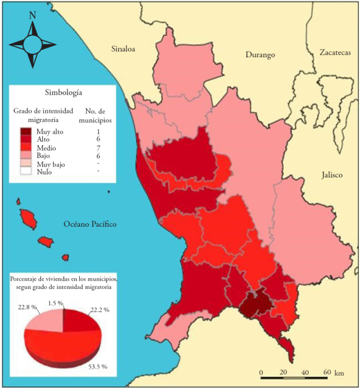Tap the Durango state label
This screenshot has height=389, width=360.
(x=260, y=55)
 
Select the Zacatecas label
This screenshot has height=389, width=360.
(x=335, y=53)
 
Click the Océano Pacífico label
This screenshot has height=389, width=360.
(x=90, y=225)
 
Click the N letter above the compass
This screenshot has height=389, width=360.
(x=32, y=16)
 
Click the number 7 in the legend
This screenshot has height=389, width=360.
(x=98, y=148)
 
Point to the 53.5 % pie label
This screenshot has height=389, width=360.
(x=96, y=366)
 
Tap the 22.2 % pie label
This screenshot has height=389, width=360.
(x=98, y=310)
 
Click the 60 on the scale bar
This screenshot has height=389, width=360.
(x=326, y=371)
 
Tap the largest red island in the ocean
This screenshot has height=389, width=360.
(x=27, y=216)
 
